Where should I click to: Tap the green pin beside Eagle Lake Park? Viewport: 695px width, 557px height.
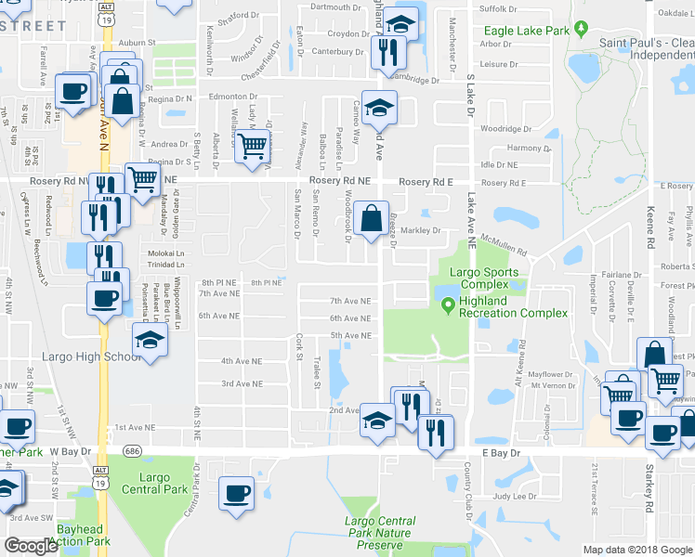point(582,31)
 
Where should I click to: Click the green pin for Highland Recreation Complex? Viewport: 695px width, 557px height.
point(448,304)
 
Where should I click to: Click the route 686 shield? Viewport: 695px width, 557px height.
point(135,450)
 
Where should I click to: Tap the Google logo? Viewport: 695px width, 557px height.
point(32,546)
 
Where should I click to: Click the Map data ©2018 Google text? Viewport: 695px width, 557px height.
point(637,550)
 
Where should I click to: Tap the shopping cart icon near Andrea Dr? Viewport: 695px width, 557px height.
point(252,146)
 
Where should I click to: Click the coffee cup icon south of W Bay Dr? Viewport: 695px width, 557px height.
point(236,493)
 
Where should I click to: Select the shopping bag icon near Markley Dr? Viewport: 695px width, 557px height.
point(371,220)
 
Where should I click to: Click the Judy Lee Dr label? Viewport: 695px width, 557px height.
point(515,497)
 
